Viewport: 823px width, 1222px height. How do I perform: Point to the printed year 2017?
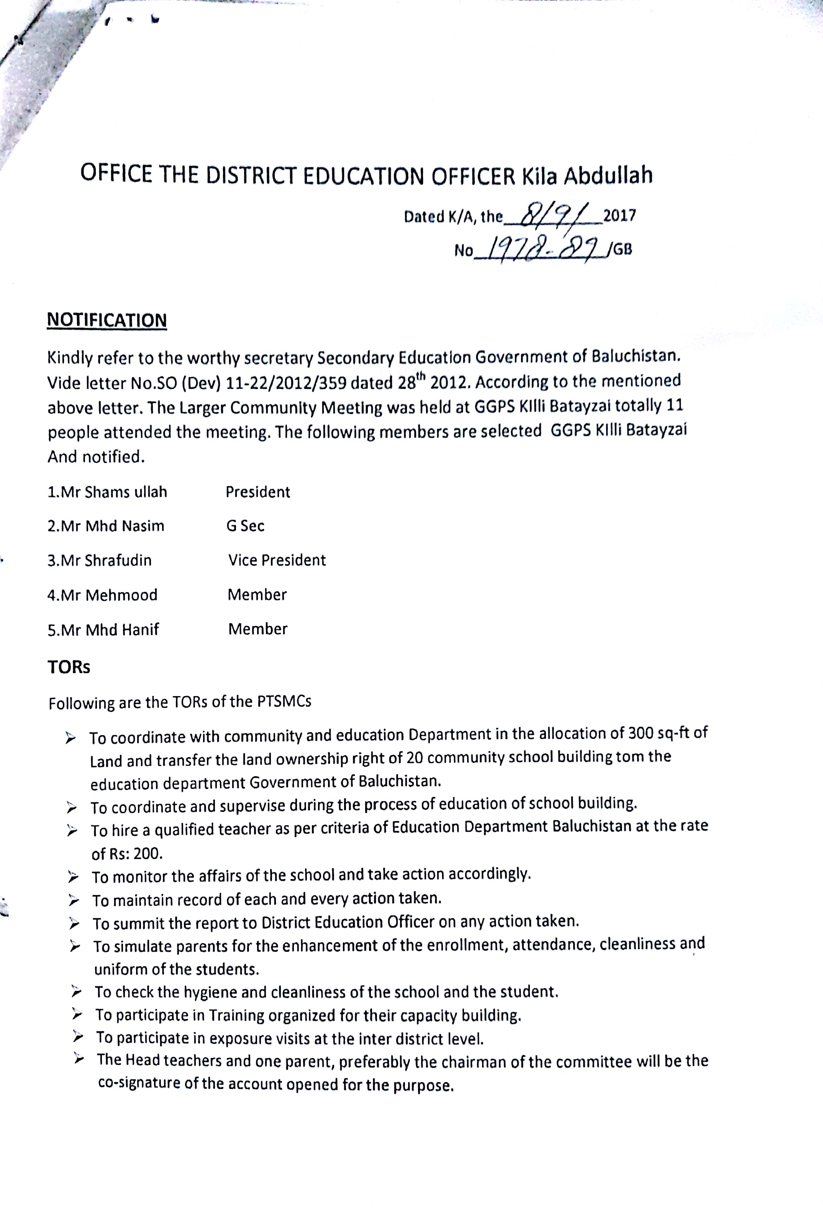619,215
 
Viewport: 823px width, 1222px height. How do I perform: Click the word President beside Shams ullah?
258,492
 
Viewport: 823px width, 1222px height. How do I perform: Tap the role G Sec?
245,526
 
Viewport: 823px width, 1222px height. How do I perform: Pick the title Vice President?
277,560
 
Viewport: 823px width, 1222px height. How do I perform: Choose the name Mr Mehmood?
102,595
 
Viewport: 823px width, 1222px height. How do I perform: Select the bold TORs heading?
69,667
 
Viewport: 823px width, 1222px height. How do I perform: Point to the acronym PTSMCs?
284,701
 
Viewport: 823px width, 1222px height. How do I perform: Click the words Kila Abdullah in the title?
587,176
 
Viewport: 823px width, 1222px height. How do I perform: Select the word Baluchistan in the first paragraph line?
636,356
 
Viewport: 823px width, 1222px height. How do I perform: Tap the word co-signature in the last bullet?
139,1083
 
